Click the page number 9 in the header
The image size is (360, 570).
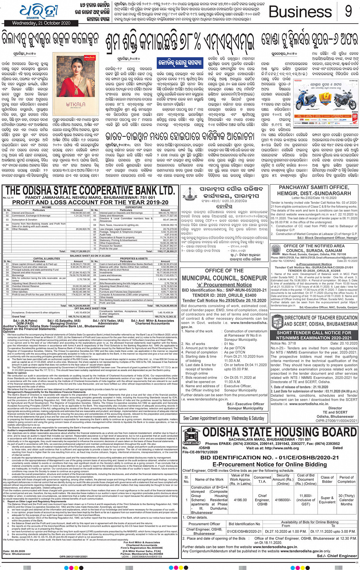click(348, 11)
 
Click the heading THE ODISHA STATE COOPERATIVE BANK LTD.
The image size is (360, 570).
click(90, 190)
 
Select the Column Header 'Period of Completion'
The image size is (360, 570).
click(346, 479)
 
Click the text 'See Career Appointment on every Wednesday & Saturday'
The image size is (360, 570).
click(224, 418)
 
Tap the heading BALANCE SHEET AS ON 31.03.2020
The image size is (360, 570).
click(90, 256)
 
